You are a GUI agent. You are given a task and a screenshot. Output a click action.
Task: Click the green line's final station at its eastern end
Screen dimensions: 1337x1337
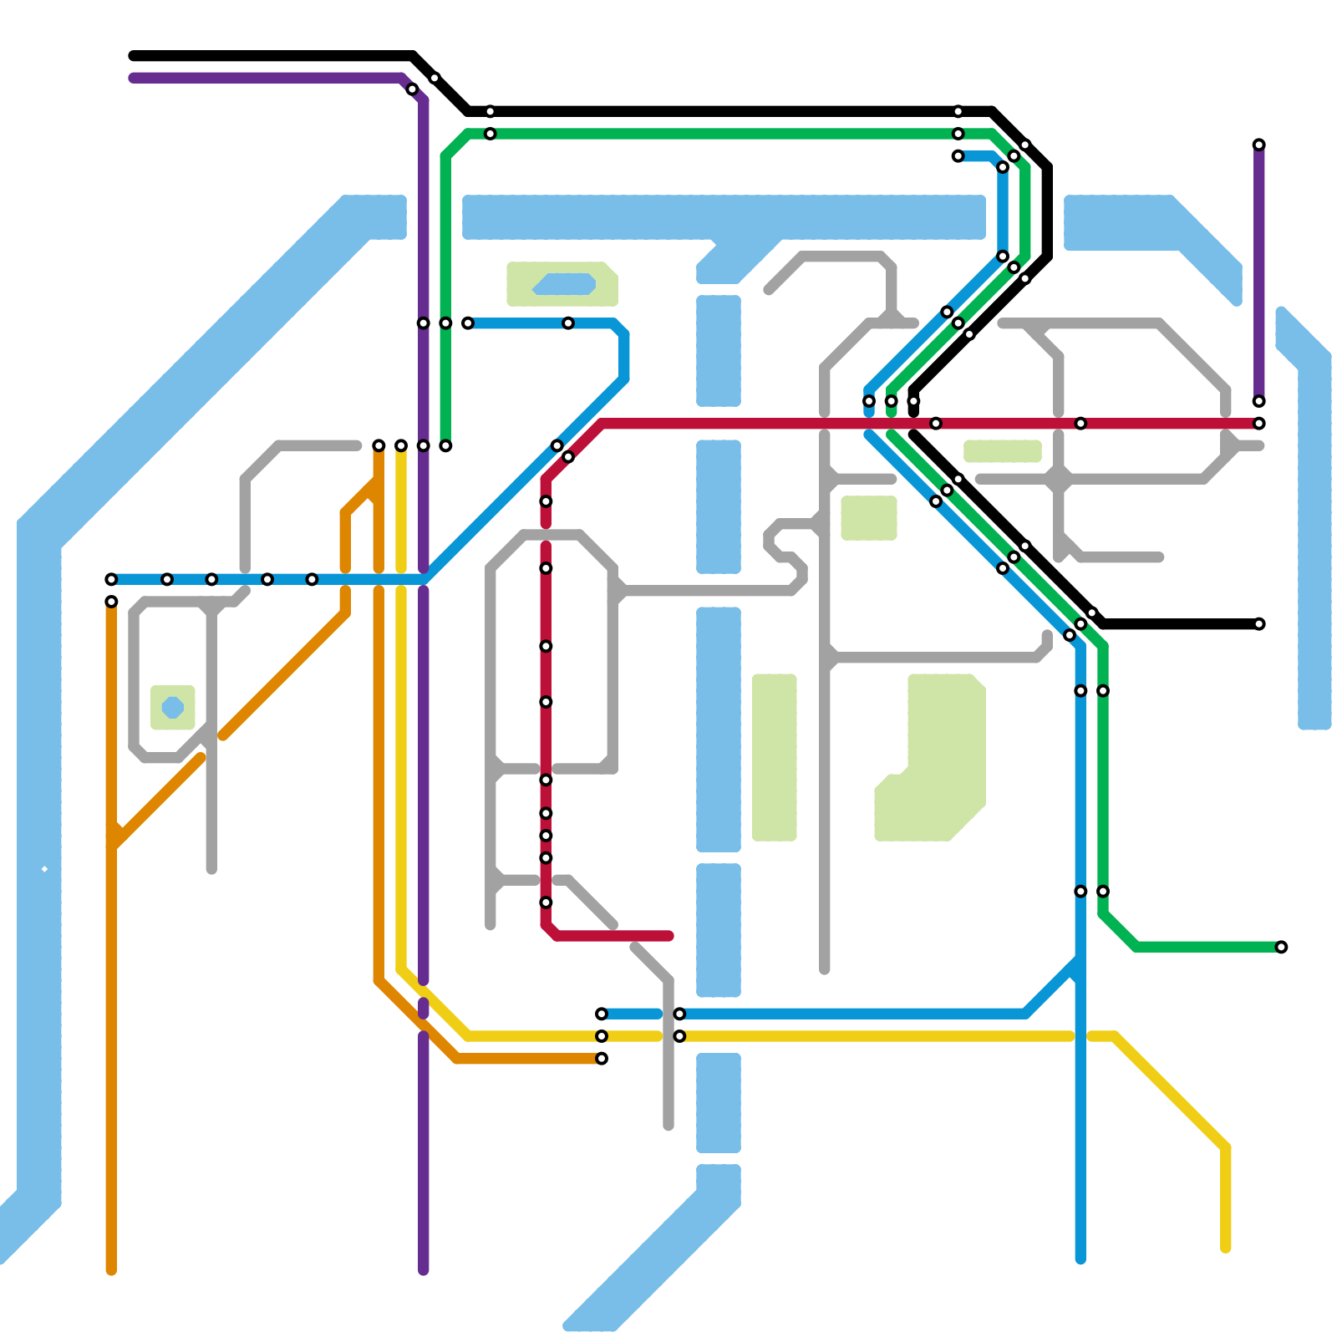[x=1281, y=947]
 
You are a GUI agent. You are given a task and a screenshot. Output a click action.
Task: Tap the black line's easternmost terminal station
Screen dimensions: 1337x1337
[x=1259, y=624]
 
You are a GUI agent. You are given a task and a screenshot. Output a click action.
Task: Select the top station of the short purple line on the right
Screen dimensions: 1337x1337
[x=1259, y=145]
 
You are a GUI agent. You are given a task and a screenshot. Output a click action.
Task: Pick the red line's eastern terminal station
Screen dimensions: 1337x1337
[x=1259, y=424]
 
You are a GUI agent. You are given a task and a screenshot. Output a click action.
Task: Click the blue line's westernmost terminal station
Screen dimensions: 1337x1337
[x=111, y=579]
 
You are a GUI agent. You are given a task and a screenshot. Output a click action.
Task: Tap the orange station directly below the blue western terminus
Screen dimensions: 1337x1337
[x=111, y=602]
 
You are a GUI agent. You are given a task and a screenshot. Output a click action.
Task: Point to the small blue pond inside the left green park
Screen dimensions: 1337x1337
[x=172, y=707]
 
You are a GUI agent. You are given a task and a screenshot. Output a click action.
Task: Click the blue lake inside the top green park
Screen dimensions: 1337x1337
[x=564, y=284]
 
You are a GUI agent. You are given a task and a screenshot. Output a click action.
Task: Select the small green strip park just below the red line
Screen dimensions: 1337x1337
[x=1002, y=451]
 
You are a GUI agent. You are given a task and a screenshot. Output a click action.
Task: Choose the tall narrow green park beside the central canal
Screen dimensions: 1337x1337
[x=774, y=756]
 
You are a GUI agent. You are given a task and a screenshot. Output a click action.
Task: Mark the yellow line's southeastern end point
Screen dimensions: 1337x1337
[x=1226, y=1248]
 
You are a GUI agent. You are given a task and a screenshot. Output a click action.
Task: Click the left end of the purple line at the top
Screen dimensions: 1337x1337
[x=134, y=79]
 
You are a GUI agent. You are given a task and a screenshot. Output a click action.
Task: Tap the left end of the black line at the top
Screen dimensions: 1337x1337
[x=134, y=56]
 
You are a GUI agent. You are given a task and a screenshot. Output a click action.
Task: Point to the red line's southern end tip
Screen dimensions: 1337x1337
[x=668, y=936]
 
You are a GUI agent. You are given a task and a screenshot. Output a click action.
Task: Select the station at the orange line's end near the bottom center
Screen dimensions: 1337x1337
[x=602, y=1059]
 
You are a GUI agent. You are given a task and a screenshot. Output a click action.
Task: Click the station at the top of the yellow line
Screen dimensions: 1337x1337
[x=401, y=446]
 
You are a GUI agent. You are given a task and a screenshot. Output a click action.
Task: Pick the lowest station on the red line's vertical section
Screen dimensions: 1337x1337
[x=546, y=902]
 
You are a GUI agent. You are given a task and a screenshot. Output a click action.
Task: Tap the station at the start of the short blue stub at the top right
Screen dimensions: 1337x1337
[x=958, y=156]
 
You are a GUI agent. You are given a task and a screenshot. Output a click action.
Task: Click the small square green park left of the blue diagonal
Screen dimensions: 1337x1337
[x=869, y=518]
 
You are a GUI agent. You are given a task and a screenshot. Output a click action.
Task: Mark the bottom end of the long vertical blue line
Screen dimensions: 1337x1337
[x=1080, y=1259]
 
